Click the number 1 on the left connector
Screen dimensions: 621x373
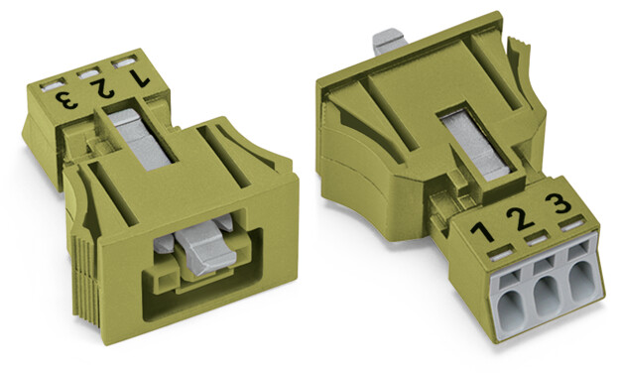pos(140,78)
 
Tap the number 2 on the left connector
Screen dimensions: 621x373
pos(102,88)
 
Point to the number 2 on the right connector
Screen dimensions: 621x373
pos(520,217)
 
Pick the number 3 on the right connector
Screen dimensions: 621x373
pos(559,202)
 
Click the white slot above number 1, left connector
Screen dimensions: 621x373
pos(124,62)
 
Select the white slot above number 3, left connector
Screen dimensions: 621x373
pos(53,85)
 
